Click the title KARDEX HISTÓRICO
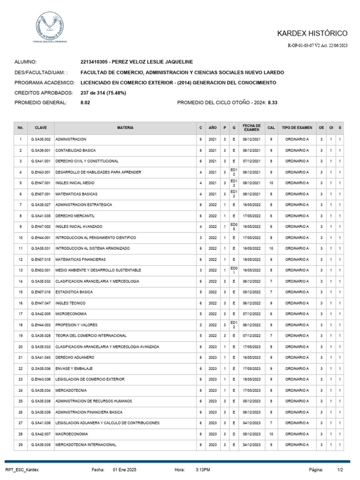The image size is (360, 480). (x=319, y=33)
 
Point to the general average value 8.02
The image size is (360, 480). (x=85, y=102)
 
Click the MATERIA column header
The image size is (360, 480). (x=125, y=127)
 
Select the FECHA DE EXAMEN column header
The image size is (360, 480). (x=251, y=127)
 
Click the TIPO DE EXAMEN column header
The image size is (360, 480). (x=297, y=127)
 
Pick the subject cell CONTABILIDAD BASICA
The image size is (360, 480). (x=75, y=150)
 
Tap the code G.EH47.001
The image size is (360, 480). (x=41, y=183)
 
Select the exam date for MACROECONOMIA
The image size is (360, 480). (x=251, y=434)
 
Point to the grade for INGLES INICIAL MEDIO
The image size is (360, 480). (x=271, y=183)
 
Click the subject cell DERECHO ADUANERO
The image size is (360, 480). (x=72, y=357)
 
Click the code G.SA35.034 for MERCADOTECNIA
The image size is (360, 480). (x=41, y=390)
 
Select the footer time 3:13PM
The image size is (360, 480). (x=202, y=469)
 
